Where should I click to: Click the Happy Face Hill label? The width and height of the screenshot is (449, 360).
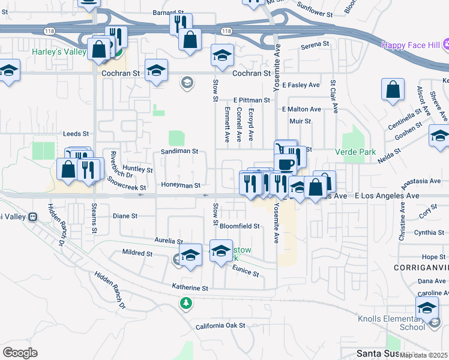tap(410, 45)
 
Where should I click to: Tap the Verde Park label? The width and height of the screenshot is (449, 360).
tap(355, 152)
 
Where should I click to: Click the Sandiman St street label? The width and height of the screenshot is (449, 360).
tap(179, 152)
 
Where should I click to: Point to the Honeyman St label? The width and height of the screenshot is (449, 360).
tap(181, 186)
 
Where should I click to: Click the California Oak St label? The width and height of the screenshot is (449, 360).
tap(220, 326)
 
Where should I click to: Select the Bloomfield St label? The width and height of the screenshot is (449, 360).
tap(239, 226)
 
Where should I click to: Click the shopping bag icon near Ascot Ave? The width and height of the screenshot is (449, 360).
tap(392, 90)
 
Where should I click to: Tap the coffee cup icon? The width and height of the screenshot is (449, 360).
tap(286, 163)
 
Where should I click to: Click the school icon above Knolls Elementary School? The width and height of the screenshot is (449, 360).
tap(427, 308)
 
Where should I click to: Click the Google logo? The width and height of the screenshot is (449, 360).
tap(20, 352)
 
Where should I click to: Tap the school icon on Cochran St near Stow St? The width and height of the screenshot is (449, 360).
tap(222, 56)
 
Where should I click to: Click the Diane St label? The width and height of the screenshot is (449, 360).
tap(125, 215)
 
